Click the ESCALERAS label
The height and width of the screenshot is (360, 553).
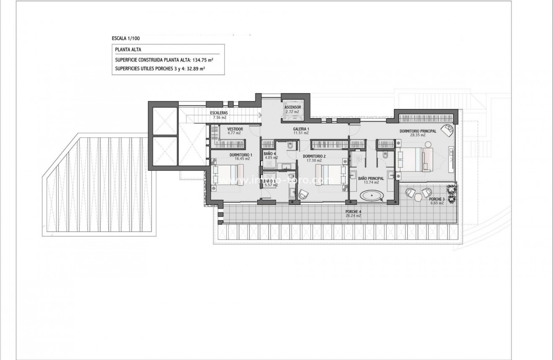[219, 113]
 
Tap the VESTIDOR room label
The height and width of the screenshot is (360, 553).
[235, 129]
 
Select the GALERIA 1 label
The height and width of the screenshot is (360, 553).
[301, 129]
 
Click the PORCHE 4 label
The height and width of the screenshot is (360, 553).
[353, 212]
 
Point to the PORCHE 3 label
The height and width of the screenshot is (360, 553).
[437, 199]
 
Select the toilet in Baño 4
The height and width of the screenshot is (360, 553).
[291, 145]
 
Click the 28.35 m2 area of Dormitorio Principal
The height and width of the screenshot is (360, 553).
[418, 135]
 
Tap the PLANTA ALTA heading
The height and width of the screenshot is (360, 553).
[125, 49]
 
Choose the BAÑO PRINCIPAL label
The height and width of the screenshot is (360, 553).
[371, 178]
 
